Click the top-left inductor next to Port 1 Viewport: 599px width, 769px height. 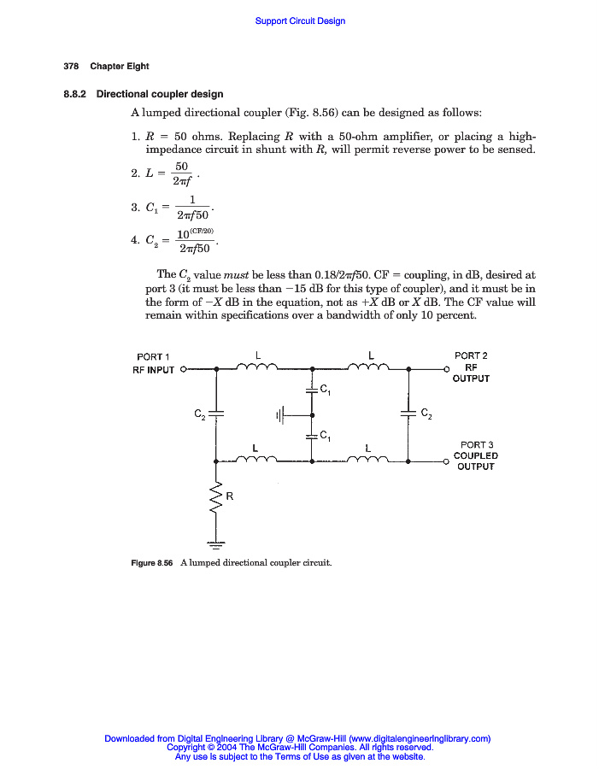pos(256,367)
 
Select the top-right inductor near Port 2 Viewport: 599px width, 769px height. pos(369,367)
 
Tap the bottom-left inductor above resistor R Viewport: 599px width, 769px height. pos(256,460)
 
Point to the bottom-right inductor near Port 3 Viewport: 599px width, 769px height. pos(369,460)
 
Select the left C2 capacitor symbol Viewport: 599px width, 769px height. pos(216,414)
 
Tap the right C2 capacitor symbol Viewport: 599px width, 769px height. pos(409,414)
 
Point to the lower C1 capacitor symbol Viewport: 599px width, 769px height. pos(312,436)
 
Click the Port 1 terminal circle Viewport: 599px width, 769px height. pos(183,370)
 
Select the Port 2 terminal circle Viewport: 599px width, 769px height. pos(446,370)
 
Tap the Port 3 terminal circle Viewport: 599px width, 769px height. pos(446,461)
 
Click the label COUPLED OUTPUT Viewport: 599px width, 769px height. pos(476,461)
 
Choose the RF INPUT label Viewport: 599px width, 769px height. pos(153,370)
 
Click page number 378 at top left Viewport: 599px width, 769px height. pos(71,67)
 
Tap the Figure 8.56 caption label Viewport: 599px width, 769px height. pos(152,563)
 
